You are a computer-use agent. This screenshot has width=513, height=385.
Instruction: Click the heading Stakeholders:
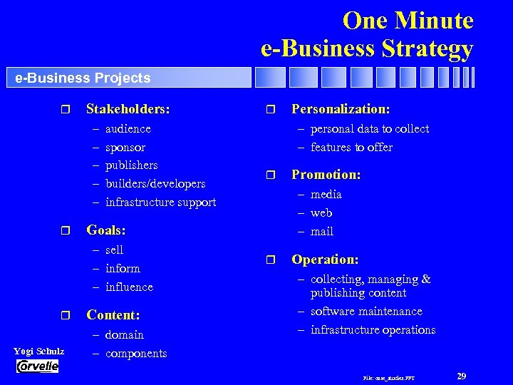128,110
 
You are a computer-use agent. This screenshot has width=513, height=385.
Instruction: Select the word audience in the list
128,129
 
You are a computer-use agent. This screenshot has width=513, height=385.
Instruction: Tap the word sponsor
125,148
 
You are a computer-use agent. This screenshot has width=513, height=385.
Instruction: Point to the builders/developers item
155,184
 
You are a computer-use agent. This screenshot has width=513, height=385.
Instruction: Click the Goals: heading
105,230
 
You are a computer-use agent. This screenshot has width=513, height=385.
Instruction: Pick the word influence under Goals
128,287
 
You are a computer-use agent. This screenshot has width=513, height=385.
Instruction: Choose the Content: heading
113,315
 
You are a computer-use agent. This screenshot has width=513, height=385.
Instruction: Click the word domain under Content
124,334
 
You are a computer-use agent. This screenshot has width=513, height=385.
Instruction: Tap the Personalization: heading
340,110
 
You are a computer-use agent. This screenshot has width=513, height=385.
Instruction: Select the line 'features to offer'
351,148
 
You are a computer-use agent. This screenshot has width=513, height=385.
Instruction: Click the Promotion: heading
326,175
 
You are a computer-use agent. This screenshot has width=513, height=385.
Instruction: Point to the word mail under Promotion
321,231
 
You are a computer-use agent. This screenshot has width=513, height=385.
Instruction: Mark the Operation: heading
325,260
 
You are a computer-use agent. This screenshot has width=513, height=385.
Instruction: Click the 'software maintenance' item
366,312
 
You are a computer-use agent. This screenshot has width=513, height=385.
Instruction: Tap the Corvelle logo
38,366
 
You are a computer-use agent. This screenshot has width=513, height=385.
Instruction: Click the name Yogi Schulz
39,351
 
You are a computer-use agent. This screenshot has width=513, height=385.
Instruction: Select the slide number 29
461,376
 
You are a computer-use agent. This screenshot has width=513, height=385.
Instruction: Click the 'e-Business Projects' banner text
83,78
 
